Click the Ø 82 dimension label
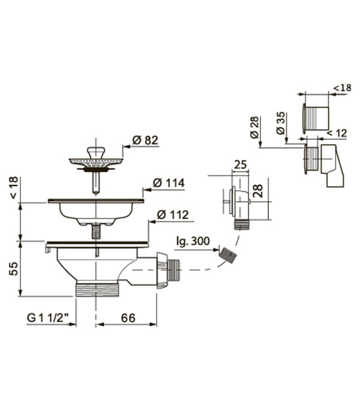tap(145, 140)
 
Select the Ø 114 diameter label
tap(169, 182)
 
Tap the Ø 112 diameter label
tap(173, 215)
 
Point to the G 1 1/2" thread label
tap(48, 318)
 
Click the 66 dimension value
tap(128, 318)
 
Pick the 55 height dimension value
tap(13, 268)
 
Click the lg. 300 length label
tap(193, 241)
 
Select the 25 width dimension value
tap(241, 164)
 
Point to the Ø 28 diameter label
tap(254, 127)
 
